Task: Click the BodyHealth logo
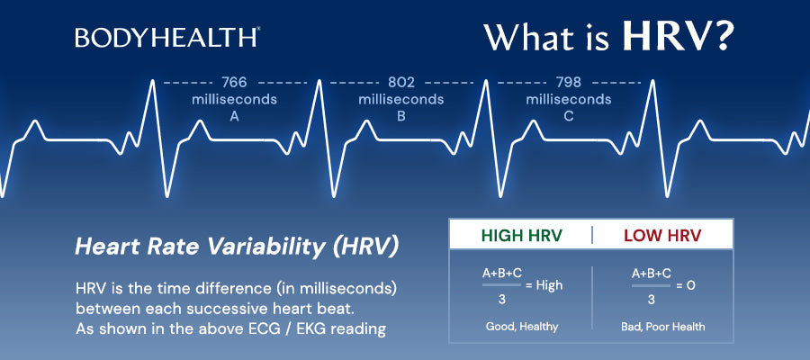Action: [168, 37]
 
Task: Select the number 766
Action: [234, 82]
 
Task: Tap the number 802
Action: [401, 82]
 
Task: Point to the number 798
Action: [569, 82]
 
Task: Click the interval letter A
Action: [234, 115]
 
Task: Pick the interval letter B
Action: [401, 115]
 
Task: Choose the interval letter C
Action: [569, 115]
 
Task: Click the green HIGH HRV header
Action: [521, 236]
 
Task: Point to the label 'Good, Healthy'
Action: [520, 327]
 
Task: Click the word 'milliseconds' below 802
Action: [401, 99]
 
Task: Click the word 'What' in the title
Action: [525, 37]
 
